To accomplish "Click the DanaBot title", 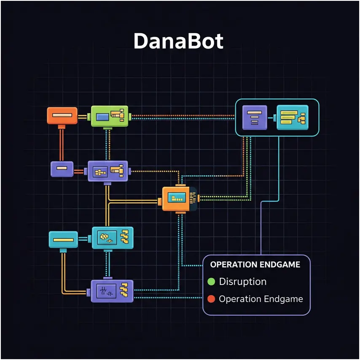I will [178, 41].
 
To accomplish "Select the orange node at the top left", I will [62, 116].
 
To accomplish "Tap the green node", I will [110, 116].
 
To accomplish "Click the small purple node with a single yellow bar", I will [62, 169].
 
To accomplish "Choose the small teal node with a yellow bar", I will [63, 239].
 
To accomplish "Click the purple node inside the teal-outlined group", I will [255, 117].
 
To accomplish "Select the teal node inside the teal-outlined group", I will [292, 117].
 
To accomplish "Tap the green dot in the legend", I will [211, 282].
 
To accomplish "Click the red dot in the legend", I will [211, 299].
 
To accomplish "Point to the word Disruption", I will [243, 282].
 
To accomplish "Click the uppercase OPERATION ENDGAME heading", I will [255, 265].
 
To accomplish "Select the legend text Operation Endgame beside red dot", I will [261, 299].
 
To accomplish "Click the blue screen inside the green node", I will [102, 117].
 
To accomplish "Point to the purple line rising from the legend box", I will [261, 228].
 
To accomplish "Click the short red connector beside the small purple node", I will [79, 171].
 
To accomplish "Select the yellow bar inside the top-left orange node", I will [62, 115].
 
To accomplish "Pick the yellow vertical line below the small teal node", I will [63, 270].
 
